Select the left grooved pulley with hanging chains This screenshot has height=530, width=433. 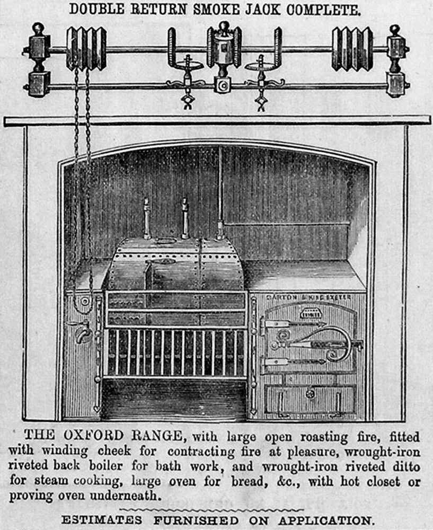point(86,49)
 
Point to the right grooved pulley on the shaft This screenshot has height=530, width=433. point(352,49)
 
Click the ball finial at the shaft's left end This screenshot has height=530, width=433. point(38,29)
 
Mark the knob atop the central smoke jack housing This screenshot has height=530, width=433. point(224,27)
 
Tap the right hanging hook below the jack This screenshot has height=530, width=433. point(261,101)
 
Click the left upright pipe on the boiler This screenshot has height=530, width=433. point(147,218)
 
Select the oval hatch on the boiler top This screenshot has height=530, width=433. point(166,241)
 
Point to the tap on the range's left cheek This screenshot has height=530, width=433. point(82,332)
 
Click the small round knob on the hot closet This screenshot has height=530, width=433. point(310,394)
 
